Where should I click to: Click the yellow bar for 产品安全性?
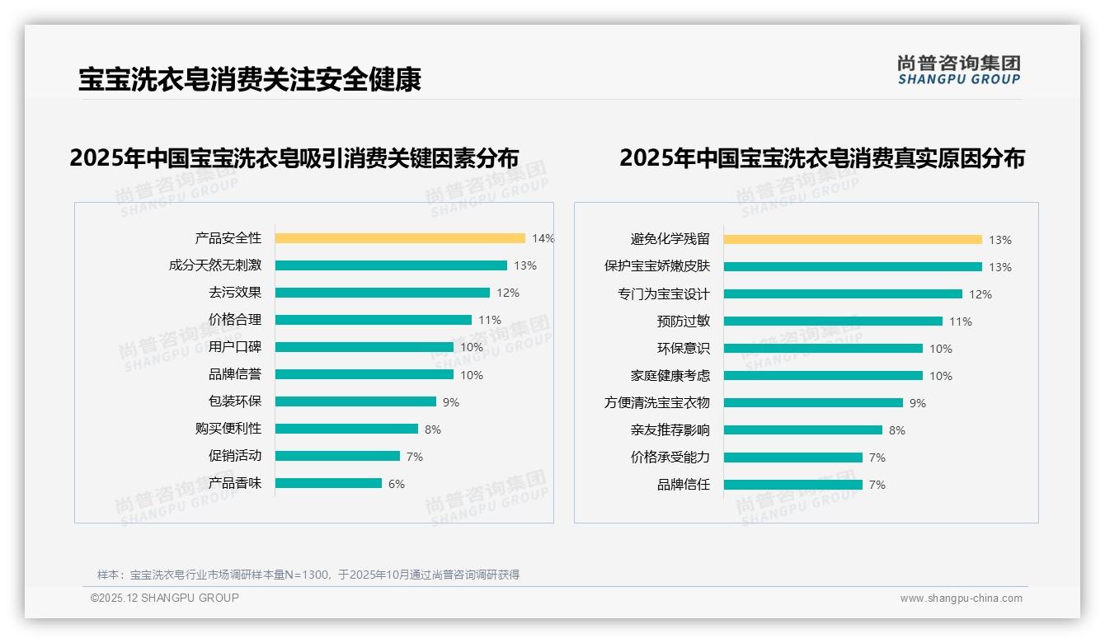pos(400,238)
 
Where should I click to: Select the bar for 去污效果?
pos(382,293)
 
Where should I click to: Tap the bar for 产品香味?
pos(328,483)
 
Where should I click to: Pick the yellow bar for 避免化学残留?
pos(853,240)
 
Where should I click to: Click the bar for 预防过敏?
pos(833,321)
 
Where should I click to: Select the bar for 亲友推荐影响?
pos(803,430)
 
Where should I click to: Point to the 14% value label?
pos(543,238)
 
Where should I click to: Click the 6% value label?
pos(397,484)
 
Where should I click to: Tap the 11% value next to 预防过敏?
pos(961,321)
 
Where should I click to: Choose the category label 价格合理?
pos(235,320)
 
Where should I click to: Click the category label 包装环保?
pos(235,401)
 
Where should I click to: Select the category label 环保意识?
pos(683,349)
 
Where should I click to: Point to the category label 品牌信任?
pos(683,485)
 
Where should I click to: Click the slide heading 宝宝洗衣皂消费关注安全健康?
pos(250,79)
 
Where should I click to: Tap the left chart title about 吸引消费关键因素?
pos(294,157)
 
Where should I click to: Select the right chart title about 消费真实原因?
pos(821,157)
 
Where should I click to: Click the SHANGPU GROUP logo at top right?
pos(959,70)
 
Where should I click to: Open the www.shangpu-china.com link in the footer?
pos(961,598)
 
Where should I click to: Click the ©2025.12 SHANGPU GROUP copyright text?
pos(165,598)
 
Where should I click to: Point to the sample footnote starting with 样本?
pos(308,575)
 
